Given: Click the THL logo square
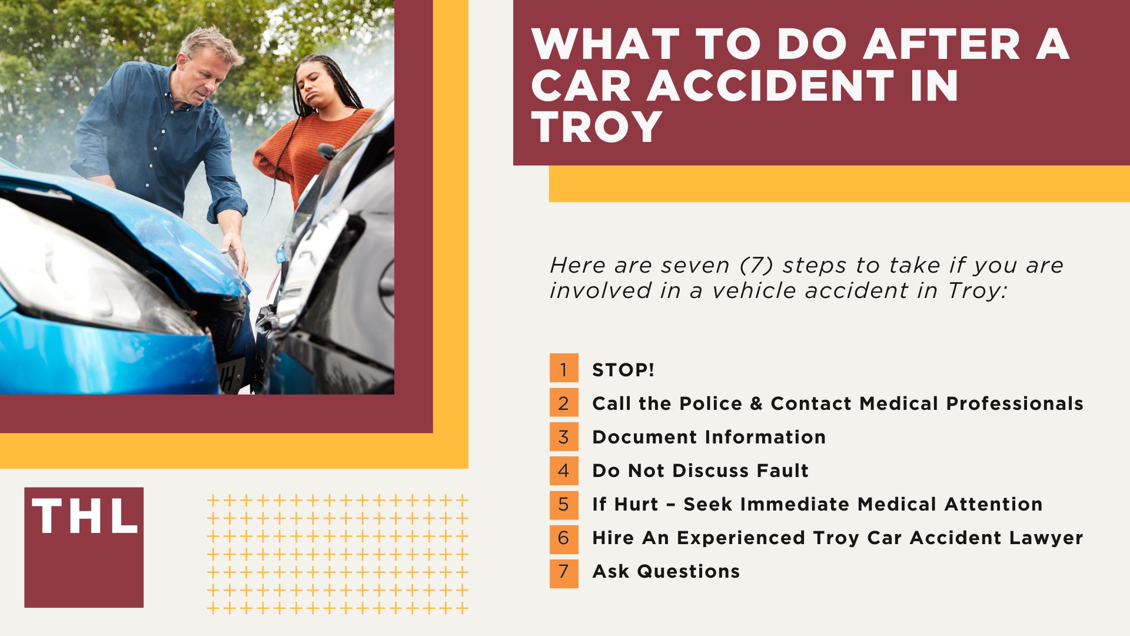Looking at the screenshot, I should coord(84,547).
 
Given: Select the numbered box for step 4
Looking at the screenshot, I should coord(564,471).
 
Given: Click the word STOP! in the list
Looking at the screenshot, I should coord(623,370).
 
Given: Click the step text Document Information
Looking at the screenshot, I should coord(709,437).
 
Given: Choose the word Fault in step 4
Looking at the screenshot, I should coord(782,471).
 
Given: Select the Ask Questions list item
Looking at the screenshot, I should coord(666,571).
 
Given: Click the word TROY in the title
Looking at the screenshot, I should coord(597,127).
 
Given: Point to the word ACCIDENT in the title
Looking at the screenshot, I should coord(772,86).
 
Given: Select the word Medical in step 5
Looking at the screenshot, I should coord(897,504).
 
